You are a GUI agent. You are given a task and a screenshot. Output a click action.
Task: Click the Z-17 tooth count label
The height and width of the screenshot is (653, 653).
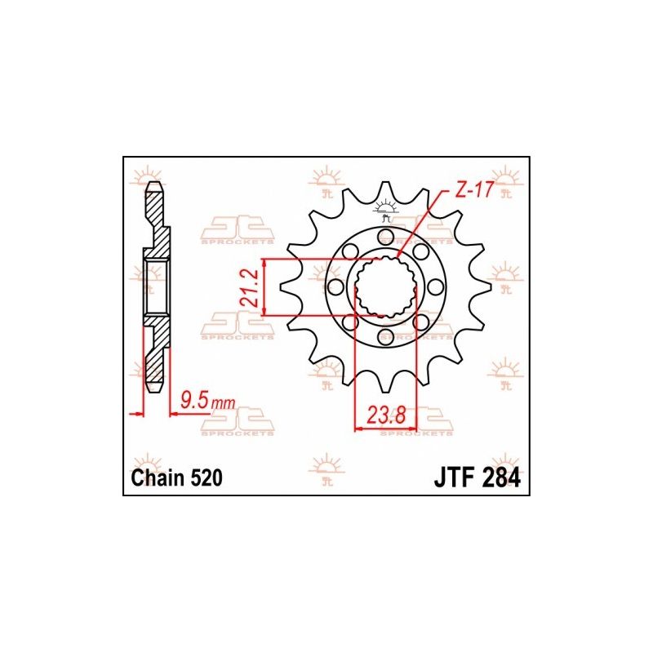(473, 193)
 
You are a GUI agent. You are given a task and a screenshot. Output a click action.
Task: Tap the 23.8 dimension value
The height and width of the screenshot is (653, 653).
(386, 415)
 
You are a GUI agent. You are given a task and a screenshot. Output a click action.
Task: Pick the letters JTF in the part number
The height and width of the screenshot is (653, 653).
(451, 478)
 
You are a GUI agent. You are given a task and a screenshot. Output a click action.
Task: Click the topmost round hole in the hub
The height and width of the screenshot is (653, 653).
(385, 237)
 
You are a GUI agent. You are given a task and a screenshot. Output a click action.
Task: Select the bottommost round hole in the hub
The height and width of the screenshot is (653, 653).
(385, 336)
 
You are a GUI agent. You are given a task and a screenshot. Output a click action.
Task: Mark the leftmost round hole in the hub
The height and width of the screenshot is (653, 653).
(335, 287)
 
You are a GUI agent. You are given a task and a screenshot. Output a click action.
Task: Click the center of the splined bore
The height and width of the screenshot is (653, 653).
(385, 287)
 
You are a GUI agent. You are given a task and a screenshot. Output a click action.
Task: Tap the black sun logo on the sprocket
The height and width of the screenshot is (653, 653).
(385, 210)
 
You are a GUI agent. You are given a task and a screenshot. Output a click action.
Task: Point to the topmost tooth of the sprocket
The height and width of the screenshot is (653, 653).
(385, 189)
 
